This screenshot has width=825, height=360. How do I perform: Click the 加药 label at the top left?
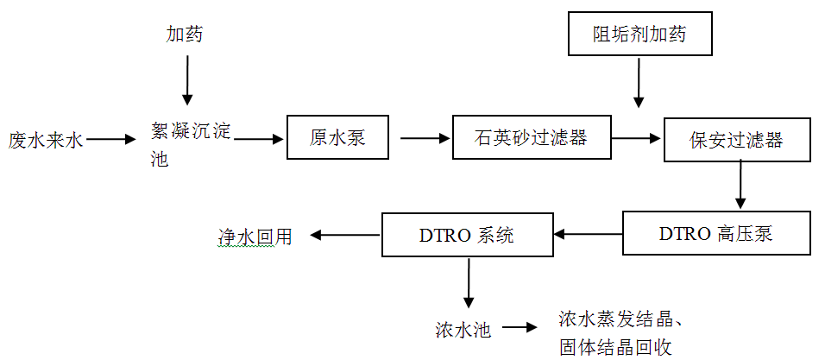click(185, 35)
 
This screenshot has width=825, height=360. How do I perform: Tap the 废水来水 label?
click(46, 139)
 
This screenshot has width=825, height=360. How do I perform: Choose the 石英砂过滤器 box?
click(531, 137)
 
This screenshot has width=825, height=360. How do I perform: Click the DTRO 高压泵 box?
click(716, 234)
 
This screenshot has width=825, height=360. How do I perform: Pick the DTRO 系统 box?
click(466, 234)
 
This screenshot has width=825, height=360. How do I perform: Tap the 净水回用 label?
click(255, 235)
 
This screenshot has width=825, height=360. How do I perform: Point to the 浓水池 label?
click(463, 329)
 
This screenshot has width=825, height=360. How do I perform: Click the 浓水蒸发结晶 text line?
click(621, 319)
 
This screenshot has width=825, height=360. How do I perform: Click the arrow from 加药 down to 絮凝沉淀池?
click(186, 83)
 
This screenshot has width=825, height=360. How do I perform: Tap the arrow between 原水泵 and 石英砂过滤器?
click(420, 137)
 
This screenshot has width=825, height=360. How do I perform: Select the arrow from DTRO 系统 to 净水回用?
click(345, 235)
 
